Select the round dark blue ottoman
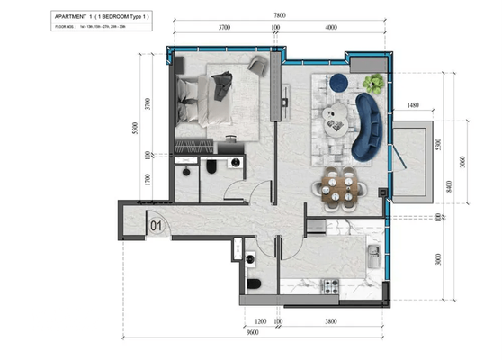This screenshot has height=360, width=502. [340, 83]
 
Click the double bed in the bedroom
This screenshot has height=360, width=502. [205, 101]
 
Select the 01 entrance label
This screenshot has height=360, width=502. [156, 226]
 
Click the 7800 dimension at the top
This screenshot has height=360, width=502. [281, 15]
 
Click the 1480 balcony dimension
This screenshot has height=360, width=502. [413, 106]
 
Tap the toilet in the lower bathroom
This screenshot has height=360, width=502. [254, 286]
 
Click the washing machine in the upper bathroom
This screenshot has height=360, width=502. [236, 166]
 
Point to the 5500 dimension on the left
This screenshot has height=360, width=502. [134, 128]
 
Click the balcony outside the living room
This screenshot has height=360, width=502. [417, 166]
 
